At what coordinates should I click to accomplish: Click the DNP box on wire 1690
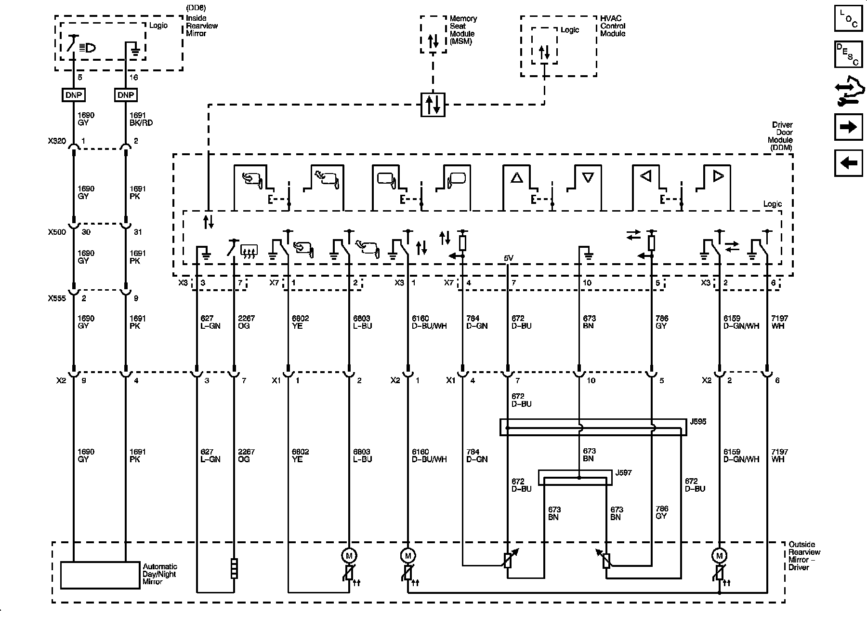point(73,95)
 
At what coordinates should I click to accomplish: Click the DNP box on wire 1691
point(126,95)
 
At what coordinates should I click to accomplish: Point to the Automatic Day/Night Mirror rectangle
point(100,575)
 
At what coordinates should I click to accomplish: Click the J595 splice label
point(698,422)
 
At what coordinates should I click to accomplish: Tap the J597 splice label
point(623,473)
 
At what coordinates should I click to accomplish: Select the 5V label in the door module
point(509,258)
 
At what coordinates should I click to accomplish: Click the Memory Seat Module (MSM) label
point(463,30)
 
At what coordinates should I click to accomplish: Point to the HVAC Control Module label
point(613,26)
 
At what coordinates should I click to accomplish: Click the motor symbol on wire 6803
point(348,556)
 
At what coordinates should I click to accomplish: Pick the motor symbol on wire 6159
point(719,556)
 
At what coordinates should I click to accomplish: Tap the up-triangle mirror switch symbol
point(516,178)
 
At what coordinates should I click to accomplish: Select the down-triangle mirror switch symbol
point(587,178)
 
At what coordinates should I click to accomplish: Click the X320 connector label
point(56,141)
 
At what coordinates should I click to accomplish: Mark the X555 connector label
point(56,298)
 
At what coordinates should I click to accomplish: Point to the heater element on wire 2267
point(234,568)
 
